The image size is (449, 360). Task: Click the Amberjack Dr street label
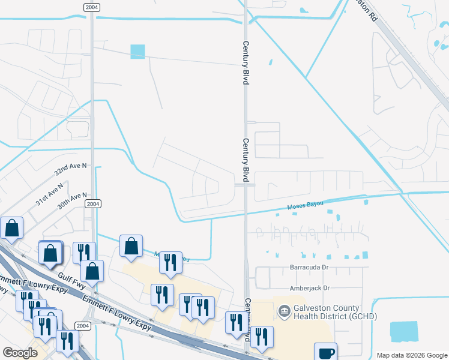(310, 288)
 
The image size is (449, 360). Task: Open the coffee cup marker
(325, 353)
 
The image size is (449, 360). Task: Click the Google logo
(20, 353)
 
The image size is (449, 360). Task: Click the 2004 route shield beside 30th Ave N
(92, 204)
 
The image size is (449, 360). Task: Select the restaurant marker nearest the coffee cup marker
(261, 337)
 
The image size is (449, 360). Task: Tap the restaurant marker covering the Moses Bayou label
(170, 262)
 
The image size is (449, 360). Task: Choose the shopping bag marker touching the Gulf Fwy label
(92, 271)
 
